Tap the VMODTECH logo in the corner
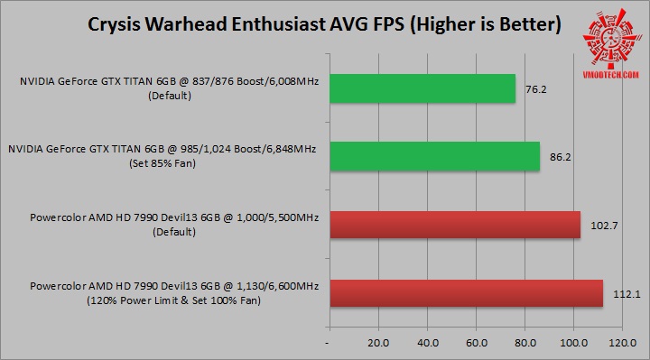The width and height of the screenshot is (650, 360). pyautogui.click(x=605, y=35)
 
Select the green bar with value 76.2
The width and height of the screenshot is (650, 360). pyautogui.click(x=422, y=88)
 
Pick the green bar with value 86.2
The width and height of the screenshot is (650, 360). pyautogui.click(x=434, y=156)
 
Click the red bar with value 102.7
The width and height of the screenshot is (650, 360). pyautogui.click(x=455, y=225)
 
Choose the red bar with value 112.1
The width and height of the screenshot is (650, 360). pyautogui.click(x=466, y=293)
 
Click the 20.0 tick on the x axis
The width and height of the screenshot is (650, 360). pyautogui.click(x=378, y=344)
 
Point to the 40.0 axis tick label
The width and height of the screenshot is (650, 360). pyautogui.click(x=427, y=344)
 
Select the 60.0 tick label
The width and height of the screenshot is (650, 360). pyautogui.click(x=476, y=344)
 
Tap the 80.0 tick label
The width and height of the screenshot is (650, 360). pyautogui.click(x=525, y=344)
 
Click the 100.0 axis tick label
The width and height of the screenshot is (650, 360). pyautogui.click(x=574, y=344)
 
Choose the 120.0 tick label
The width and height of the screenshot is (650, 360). pyautogui.click(x=623, y=344)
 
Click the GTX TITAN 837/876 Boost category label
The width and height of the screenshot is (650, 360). pyautogui.click(x=171, y=88)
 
